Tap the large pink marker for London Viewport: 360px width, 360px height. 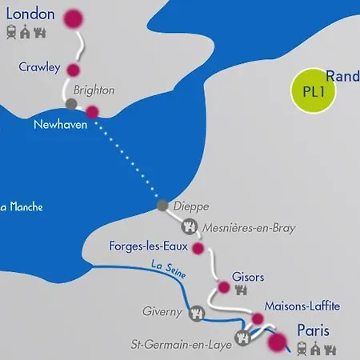(74, 18)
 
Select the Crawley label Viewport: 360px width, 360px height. (40, 68)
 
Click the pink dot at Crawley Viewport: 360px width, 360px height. (74, 70)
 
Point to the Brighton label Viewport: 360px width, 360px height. (94, 90)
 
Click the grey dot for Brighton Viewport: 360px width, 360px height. (71, 104)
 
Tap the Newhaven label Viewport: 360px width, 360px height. (59, 125)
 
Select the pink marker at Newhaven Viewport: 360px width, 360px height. (92, 112)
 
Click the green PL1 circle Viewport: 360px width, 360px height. (312, 90)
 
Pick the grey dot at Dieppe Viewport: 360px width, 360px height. (163, 206)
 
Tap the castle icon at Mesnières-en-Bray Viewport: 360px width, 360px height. (190, 226)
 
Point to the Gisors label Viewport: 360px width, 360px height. (247, 277)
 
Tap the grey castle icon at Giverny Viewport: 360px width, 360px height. (195, 313)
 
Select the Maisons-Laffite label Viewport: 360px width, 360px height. (301, 306)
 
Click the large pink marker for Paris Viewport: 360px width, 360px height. (278, 342)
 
